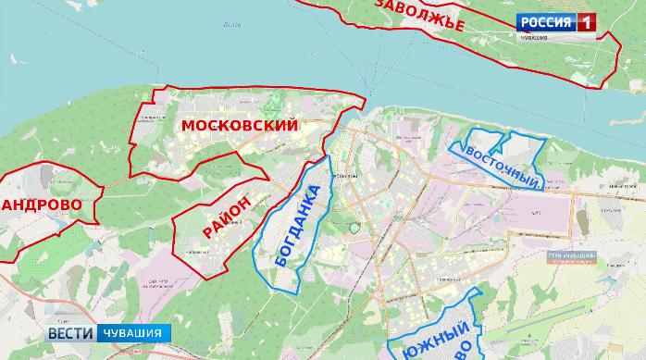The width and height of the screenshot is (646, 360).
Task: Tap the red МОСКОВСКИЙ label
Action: pyautogui.click(x=240, y=126)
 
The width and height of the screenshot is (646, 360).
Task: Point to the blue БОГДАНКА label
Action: pyautogui.click(x=299, y=227)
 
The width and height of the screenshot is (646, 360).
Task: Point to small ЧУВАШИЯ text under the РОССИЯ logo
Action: pyautogui.click(x=532, y=38)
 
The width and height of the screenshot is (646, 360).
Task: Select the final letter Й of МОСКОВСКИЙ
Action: pyautogui.click(x=292, y=126)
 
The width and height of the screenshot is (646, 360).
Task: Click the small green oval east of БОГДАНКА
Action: pyautogui.click(x=351, y=224)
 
